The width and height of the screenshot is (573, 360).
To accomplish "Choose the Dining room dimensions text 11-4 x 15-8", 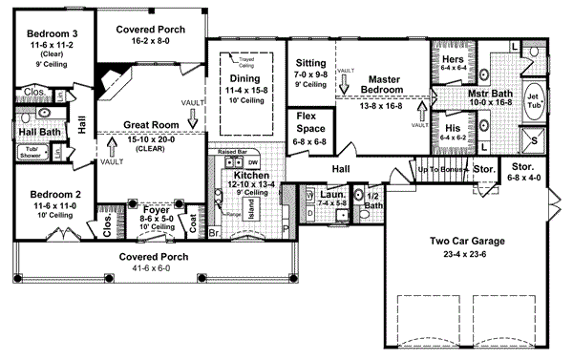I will click(x=245, y=90).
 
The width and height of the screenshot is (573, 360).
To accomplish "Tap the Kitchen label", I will click(x=251, y=177).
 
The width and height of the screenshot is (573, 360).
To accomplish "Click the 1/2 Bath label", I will click(x=373, y=199).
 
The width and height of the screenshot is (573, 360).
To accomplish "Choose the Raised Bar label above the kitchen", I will click(x=234, y=152).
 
